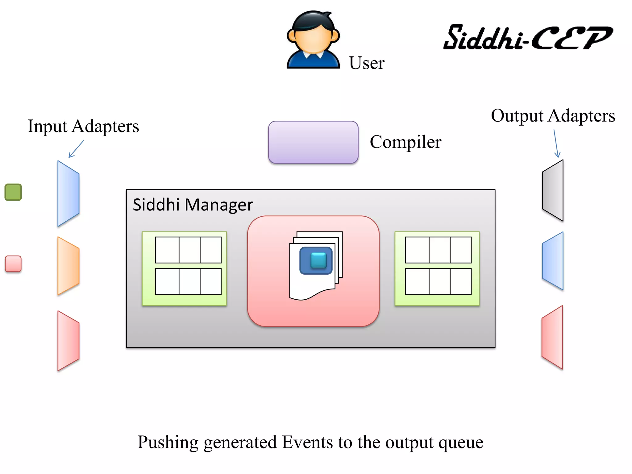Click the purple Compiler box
[x=313, y=142]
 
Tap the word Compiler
[x=405, y=142]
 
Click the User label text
[x=366, y=63]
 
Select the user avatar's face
[x=313, y=39]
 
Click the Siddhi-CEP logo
[x=528, y=38]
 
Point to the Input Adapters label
[x=83, y=126]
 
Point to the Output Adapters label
[x=553, y=116]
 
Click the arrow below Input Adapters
[x=76, y=149]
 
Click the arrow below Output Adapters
[x=556, y=143]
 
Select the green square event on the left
[x=13, y=192]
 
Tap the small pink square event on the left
[x=13, y=264]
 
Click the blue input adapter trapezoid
[x=68, y=193]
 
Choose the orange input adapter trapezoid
[x=68, y=266]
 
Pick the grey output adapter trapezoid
[x=553, y=190]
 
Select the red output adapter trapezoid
[x=552, y=337]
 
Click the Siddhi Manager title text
[x=193, y=205]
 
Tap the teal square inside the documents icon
[x=318, y=260]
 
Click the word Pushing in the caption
[x=168, y=442]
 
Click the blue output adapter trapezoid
[x=553, y=261]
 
